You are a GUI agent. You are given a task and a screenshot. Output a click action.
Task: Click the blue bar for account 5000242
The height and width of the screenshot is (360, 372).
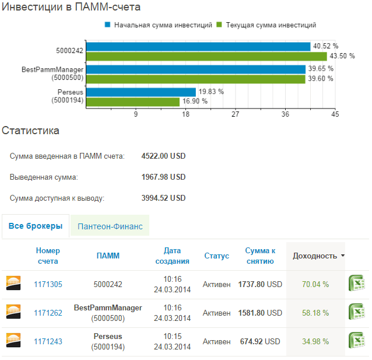click(198, 47)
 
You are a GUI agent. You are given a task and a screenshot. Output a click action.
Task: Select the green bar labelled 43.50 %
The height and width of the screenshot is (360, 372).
click(206, 57)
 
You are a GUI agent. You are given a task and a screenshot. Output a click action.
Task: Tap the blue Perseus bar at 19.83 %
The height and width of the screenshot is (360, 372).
click(141, 92)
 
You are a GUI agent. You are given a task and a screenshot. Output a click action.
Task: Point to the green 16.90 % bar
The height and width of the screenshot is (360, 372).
click(133, 102)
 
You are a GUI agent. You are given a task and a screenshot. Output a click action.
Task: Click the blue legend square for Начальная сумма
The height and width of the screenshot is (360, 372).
click(107, 25)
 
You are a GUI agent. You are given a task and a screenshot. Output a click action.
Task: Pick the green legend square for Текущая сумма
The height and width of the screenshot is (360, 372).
click(219, 25)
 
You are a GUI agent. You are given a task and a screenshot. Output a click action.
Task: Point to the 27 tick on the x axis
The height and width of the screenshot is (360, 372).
click(236, 114)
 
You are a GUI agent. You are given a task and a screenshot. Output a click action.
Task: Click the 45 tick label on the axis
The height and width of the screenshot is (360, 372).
click(335, 114)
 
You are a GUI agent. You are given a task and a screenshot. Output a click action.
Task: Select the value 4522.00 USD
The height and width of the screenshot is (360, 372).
click(163, 156)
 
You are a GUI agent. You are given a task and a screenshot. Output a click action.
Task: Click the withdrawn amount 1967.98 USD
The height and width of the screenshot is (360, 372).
click(163, 177)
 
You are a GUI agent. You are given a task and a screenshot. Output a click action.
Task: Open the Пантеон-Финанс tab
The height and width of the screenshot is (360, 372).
click(110, 226)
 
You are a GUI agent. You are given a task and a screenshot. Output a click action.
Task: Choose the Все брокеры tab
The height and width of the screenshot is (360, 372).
click(36, 226)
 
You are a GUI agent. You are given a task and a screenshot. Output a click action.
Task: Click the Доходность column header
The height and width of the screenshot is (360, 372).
click(315, 256)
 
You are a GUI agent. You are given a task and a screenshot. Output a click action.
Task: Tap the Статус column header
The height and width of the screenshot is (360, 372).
click(216, 256)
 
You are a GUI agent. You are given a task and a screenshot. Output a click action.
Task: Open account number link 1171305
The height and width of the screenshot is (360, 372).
click(48, 284)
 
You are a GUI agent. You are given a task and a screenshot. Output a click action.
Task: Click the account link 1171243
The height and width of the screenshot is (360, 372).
click(48, 341)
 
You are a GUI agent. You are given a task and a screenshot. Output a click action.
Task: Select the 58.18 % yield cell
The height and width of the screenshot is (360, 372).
click(315, 313)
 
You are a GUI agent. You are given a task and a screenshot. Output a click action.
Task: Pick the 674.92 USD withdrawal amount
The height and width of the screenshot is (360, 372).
click(260, 341)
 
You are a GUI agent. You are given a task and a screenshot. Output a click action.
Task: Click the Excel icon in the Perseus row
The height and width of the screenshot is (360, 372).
click(356, 340)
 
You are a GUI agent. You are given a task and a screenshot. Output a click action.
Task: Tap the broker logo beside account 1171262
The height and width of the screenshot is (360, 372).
click(13, 312)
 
